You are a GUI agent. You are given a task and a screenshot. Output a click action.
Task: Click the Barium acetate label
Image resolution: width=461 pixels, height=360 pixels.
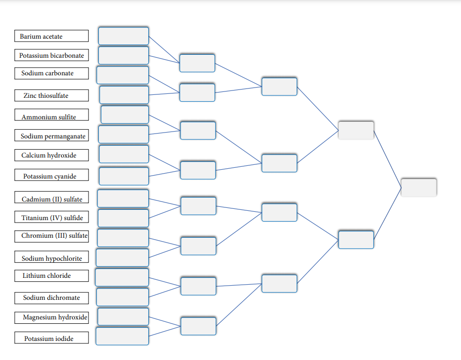point(51,36)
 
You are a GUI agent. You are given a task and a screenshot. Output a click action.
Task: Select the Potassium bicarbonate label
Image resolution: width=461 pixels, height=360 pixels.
point(51,55)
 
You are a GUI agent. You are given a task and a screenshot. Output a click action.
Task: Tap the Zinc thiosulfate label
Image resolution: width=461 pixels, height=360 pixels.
point(51,95)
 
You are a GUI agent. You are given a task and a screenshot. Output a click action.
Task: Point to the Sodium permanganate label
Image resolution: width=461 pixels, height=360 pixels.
point(51,136)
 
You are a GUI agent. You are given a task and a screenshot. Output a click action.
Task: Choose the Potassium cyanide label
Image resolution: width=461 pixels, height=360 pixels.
point(51,176)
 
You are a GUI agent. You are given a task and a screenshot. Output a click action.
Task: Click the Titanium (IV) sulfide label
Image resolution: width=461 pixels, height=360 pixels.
point(51,218)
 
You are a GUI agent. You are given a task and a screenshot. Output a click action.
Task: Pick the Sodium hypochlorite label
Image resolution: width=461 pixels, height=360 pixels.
point(51,258)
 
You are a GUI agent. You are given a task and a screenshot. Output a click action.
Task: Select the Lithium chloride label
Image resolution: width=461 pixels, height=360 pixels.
point(51,275)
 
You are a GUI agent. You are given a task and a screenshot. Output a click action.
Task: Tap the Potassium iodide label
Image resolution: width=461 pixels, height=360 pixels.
point(51,338)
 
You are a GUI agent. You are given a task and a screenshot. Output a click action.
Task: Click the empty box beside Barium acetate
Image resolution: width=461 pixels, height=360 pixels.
point(123,36)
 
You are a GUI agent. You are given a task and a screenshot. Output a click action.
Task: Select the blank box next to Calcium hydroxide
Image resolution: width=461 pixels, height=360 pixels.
point(124,154)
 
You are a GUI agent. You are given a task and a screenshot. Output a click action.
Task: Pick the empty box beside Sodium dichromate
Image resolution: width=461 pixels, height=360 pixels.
point(122,297)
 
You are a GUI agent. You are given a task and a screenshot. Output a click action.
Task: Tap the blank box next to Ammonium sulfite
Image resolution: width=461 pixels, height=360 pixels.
point(125,114)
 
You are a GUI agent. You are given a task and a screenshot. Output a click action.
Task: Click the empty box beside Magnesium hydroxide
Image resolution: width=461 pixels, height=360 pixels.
point(123,316)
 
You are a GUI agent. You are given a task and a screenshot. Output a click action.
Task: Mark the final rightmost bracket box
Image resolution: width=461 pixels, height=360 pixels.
point(418,187)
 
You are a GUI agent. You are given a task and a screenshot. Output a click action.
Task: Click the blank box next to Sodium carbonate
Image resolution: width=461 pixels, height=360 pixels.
point(122,75)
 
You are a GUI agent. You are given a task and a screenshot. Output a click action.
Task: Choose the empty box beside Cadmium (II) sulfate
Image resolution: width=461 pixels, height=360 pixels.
point(123,198)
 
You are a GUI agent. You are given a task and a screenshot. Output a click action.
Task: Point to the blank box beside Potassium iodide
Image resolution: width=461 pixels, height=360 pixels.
point(122,336)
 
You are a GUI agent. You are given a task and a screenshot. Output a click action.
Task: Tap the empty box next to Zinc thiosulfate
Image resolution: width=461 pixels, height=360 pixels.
point(124,95)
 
